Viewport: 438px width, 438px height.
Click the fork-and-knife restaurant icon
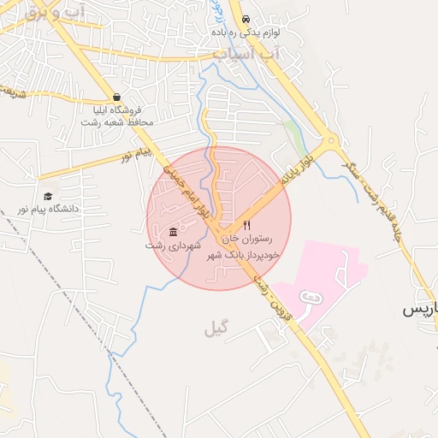coord(247,225)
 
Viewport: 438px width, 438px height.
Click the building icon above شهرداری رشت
coord(174,232)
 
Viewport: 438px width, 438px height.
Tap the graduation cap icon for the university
coord(48,196)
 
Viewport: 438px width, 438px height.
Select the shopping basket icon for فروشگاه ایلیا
coord(116,97)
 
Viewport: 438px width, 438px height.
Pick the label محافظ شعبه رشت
coord(117,122)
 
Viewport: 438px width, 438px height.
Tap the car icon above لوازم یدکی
coord(246,19)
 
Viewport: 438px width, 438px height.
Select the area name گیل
coord(217,328)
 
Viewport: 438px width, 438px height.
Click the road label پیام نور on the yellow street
coord(134,154)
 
